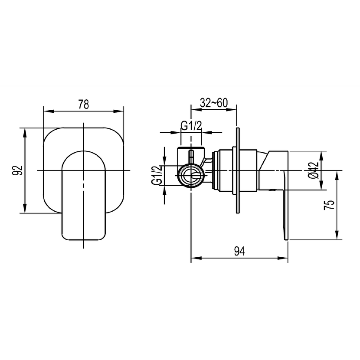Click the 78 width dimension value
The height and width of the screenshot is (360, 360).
[x=83, y=105]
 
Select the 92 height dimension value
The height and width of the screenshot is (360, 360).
[x=17, y=170]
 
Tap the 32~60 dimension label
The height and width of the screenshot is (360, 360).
[x=214, y=103]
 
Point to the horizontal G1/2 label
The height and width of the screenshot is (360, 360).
[x=191, y=126]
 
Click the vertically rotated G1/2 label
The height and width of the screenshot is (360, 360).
[x=157, y=175]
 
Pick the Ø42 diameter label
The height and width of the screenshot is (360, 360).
[x=314, y=170]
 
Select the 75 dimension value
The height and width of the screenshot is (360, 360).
[x=329, y=205]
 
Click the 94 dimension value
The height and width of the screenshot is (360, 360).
[x=239, y=251]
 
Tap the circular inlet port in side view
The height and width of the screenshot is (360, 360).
[x=190, y=176]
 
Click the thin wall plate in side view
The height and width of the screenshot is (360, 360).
[x=238, y=170]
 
